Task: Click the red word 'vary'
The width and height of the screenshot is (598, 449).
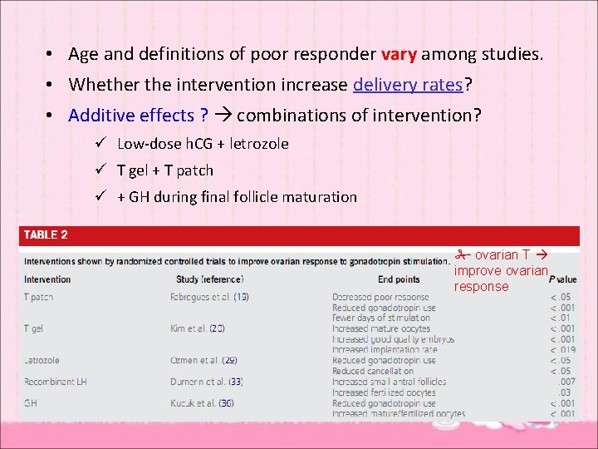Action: coord(399,55)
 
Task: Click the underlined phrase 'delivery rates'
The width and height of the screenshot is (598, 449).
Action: coord(407,84)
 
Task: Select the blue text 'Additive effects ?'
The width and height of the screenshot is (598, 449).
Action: coord(138,114)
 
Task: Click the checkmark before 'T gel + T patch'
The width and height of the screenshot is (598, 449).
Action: coord(99,170)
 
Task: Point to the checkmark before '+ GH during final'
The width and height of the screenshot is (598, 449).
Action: coord(99,197)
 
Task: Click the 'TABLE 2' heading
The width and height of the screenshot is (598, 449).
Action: coord(46,235)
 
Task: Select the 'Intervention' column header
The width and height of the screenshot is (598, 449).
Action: coord(47,279)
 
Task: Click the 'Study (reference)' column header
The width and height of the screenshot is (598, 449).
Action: coord(209,279)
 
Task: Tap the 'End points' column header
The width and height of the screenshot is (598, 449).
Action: coord(399,279)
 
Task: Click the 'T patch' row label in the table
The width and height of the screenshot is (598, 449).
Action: coord(38,297)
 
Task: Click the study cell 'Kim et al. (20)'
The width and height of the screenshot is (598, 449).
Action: coord(197,329)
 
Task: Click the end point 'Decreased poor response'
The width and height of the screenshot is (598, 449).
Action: coord(380,297)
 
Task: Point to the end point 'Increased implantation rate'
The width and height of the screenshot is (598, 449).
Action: coord(385,350)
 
